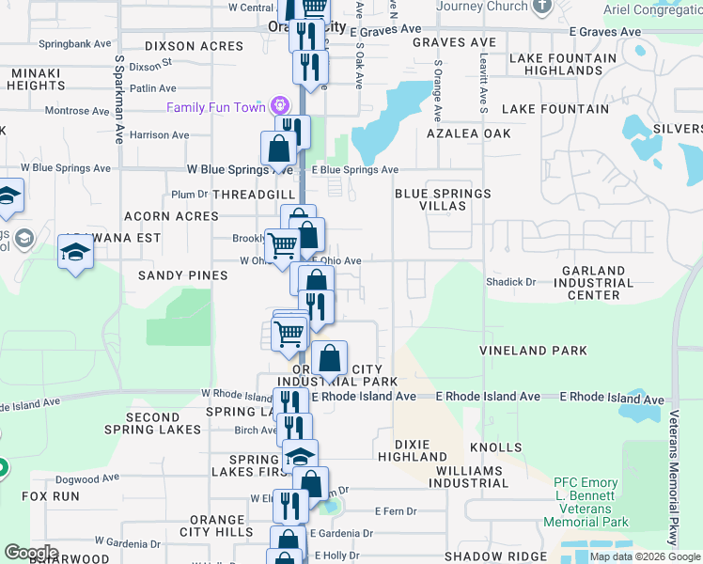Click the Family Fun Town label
[216, 107]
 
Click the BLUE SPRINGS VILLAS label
[442, 199]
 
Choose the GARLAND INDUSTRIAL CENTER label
[593, 283]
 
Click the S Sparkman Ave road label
[119, 99]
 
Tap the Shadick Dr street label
[510, 281]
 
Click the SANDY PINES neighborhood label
[182, 275]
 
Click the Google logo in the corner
[31, 553]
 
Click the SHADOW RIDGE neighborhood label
[494, 556]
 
